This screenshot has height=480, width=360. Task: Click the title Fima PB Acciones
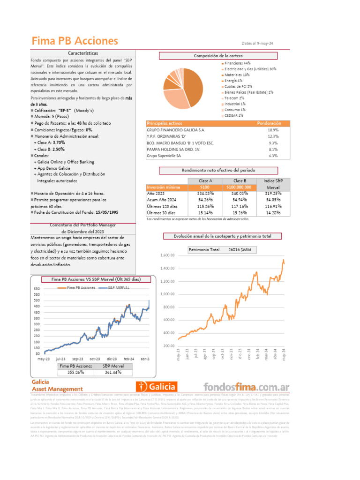tap(75, 41)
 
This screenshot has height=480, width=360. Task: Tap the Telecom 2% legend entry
tap(234, 98)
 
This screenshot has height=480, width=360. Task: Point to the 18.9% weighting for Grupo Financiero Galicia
tap(273, 130)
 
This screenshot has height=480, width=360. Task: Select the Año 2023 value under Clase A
tap(205, 193)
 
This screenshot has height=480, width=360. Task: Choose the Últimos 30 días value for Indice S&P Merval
tap(272, 212)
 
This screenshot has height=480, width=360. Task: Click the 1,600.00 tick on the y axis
tap(167, 255)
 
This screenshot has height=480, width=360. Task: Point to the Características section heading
tap(83, 54)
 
